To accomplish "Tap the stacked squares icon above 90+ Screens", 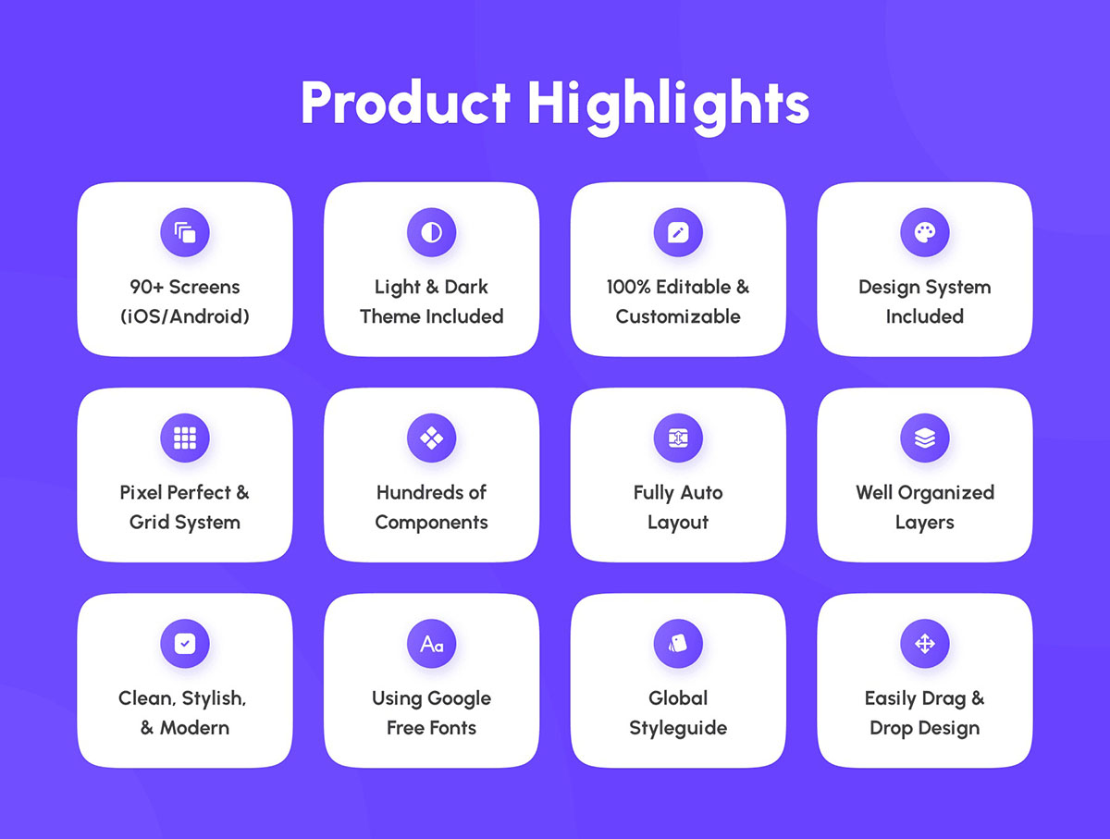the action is (x=185, y=232).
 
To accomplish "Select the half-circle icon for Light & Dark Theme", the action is (x=431, y=232).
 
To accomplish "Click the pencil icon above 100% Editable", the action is (x=678, y=232).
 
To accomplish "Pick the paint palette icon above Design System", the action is (x=925, y=232).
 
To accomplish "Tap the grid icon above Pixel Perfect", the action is (x=185, y=438).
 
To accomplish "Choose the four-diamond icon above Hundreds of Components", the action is (x=431, y=438).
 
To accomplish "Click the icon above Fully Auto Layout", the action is (x=678, y=438).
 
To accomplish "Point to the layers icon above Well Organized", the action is (x=925, y=438).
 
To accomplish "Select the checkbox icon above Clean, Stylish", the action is (x=185, y=644).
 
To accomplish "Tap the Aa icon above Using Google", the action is (x=431, y=644).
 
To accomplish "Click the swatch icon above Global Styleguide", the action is (x=678, y=644).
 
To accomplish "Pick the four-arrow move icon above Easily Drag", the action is (x=925, y=644).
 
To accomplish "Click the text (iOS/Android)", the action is (x=185, y=316).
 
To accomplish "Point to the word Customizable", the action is (x=678, y=316).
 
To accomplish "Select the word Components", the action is (x=431, y=523).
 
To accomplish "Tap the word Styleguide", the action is (x=678, y=728).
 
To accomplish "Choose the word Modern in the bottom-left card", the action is (x=194, y=728).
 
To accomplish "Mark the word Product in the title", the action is (x=405, y=103).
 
